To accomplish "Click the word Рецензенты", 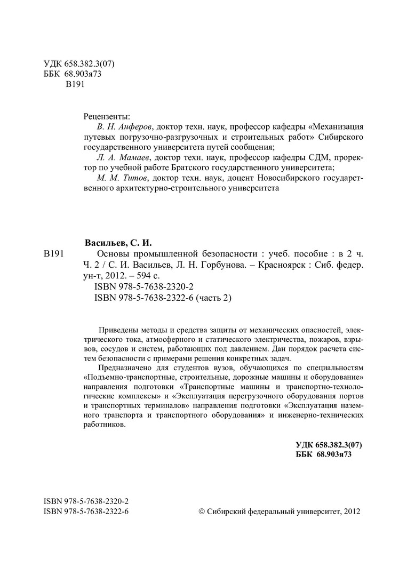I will coord(106,116).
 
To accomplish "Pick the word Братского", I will coord(180,167).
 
